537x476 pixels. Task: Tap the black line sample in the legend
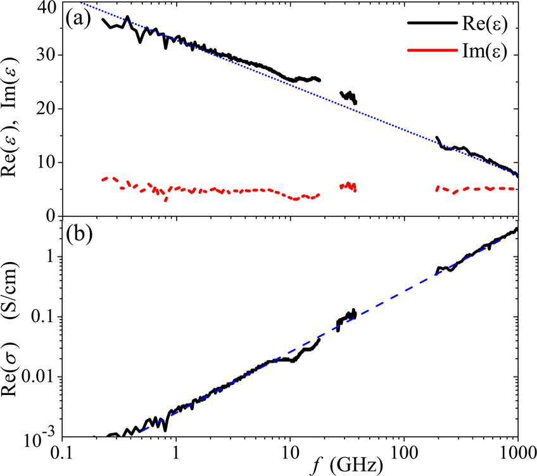click(429, 23)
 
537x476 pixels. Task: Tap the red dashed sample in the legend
click(429, 53)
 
